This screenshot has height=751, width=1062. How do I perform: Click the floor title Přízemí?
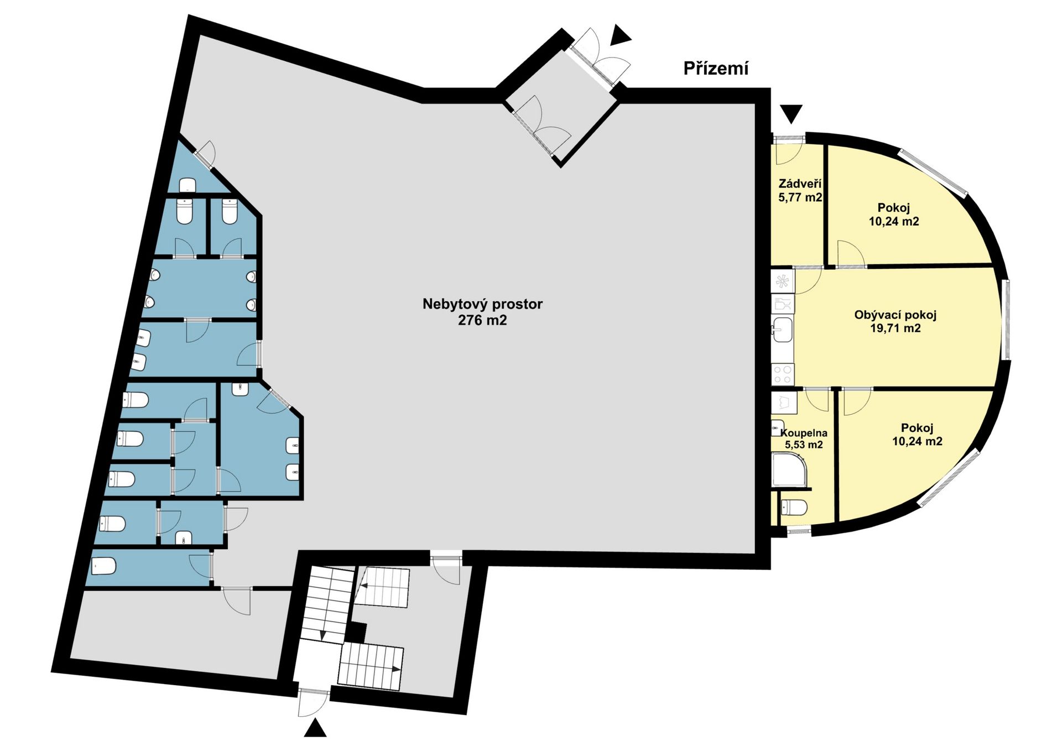coord(716,68)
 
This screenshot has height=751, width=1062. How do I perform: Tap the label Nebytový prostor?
coord(482,304)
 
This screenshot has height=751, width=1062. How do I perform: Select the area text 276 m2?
coord(482,320)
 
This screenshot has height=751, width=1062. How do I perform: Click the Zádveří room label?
coord(799,184)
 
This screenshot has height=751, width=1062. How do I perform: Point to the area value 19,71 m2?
coord(895,328)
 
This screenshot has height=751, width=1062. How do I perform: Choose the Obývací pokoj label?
coord(895,315)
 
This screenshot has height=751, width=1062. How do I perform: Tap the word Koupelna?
coord(804,433)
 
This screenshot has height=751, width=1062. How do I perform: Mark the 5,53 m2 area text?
coord(804,445)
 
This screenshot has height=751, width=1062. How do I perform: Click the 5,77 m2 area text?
coord(800,197)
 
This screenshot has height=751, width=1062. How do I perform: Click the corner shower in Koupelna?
coord(789,470)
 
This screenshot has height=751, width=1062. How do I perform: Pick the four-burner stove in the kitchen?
coord(783,374)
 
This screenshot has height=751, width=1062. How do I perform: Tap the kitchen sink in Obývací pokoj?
coord(783,330)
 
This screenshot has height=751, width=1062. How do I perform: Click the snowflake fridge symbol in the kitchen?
coord(783,281)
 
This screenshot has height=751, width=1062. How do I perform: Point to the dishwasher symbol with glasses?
coord(783,304)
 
